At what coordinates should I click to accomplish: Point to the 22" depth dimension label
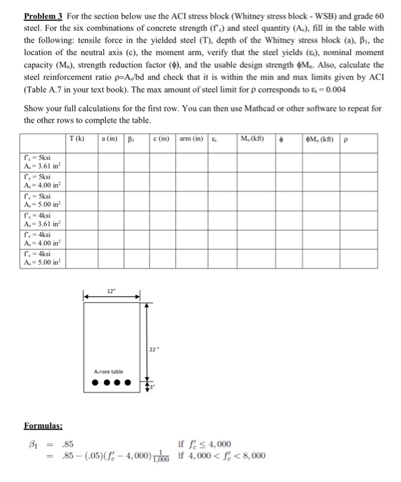157,347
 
